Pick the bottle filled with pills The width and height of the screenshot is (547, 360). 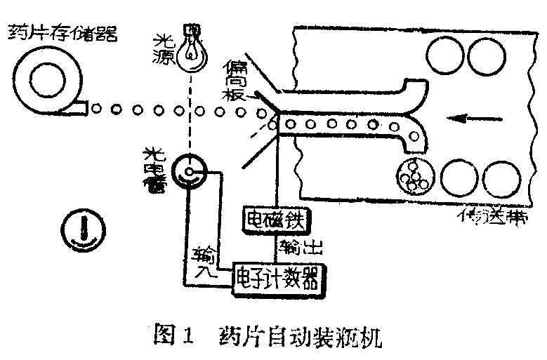pyautogui.click(x=414, y=177)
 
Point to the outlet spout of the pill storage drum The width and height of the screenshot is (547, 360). pyautogui.click(x=79, y=108)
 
